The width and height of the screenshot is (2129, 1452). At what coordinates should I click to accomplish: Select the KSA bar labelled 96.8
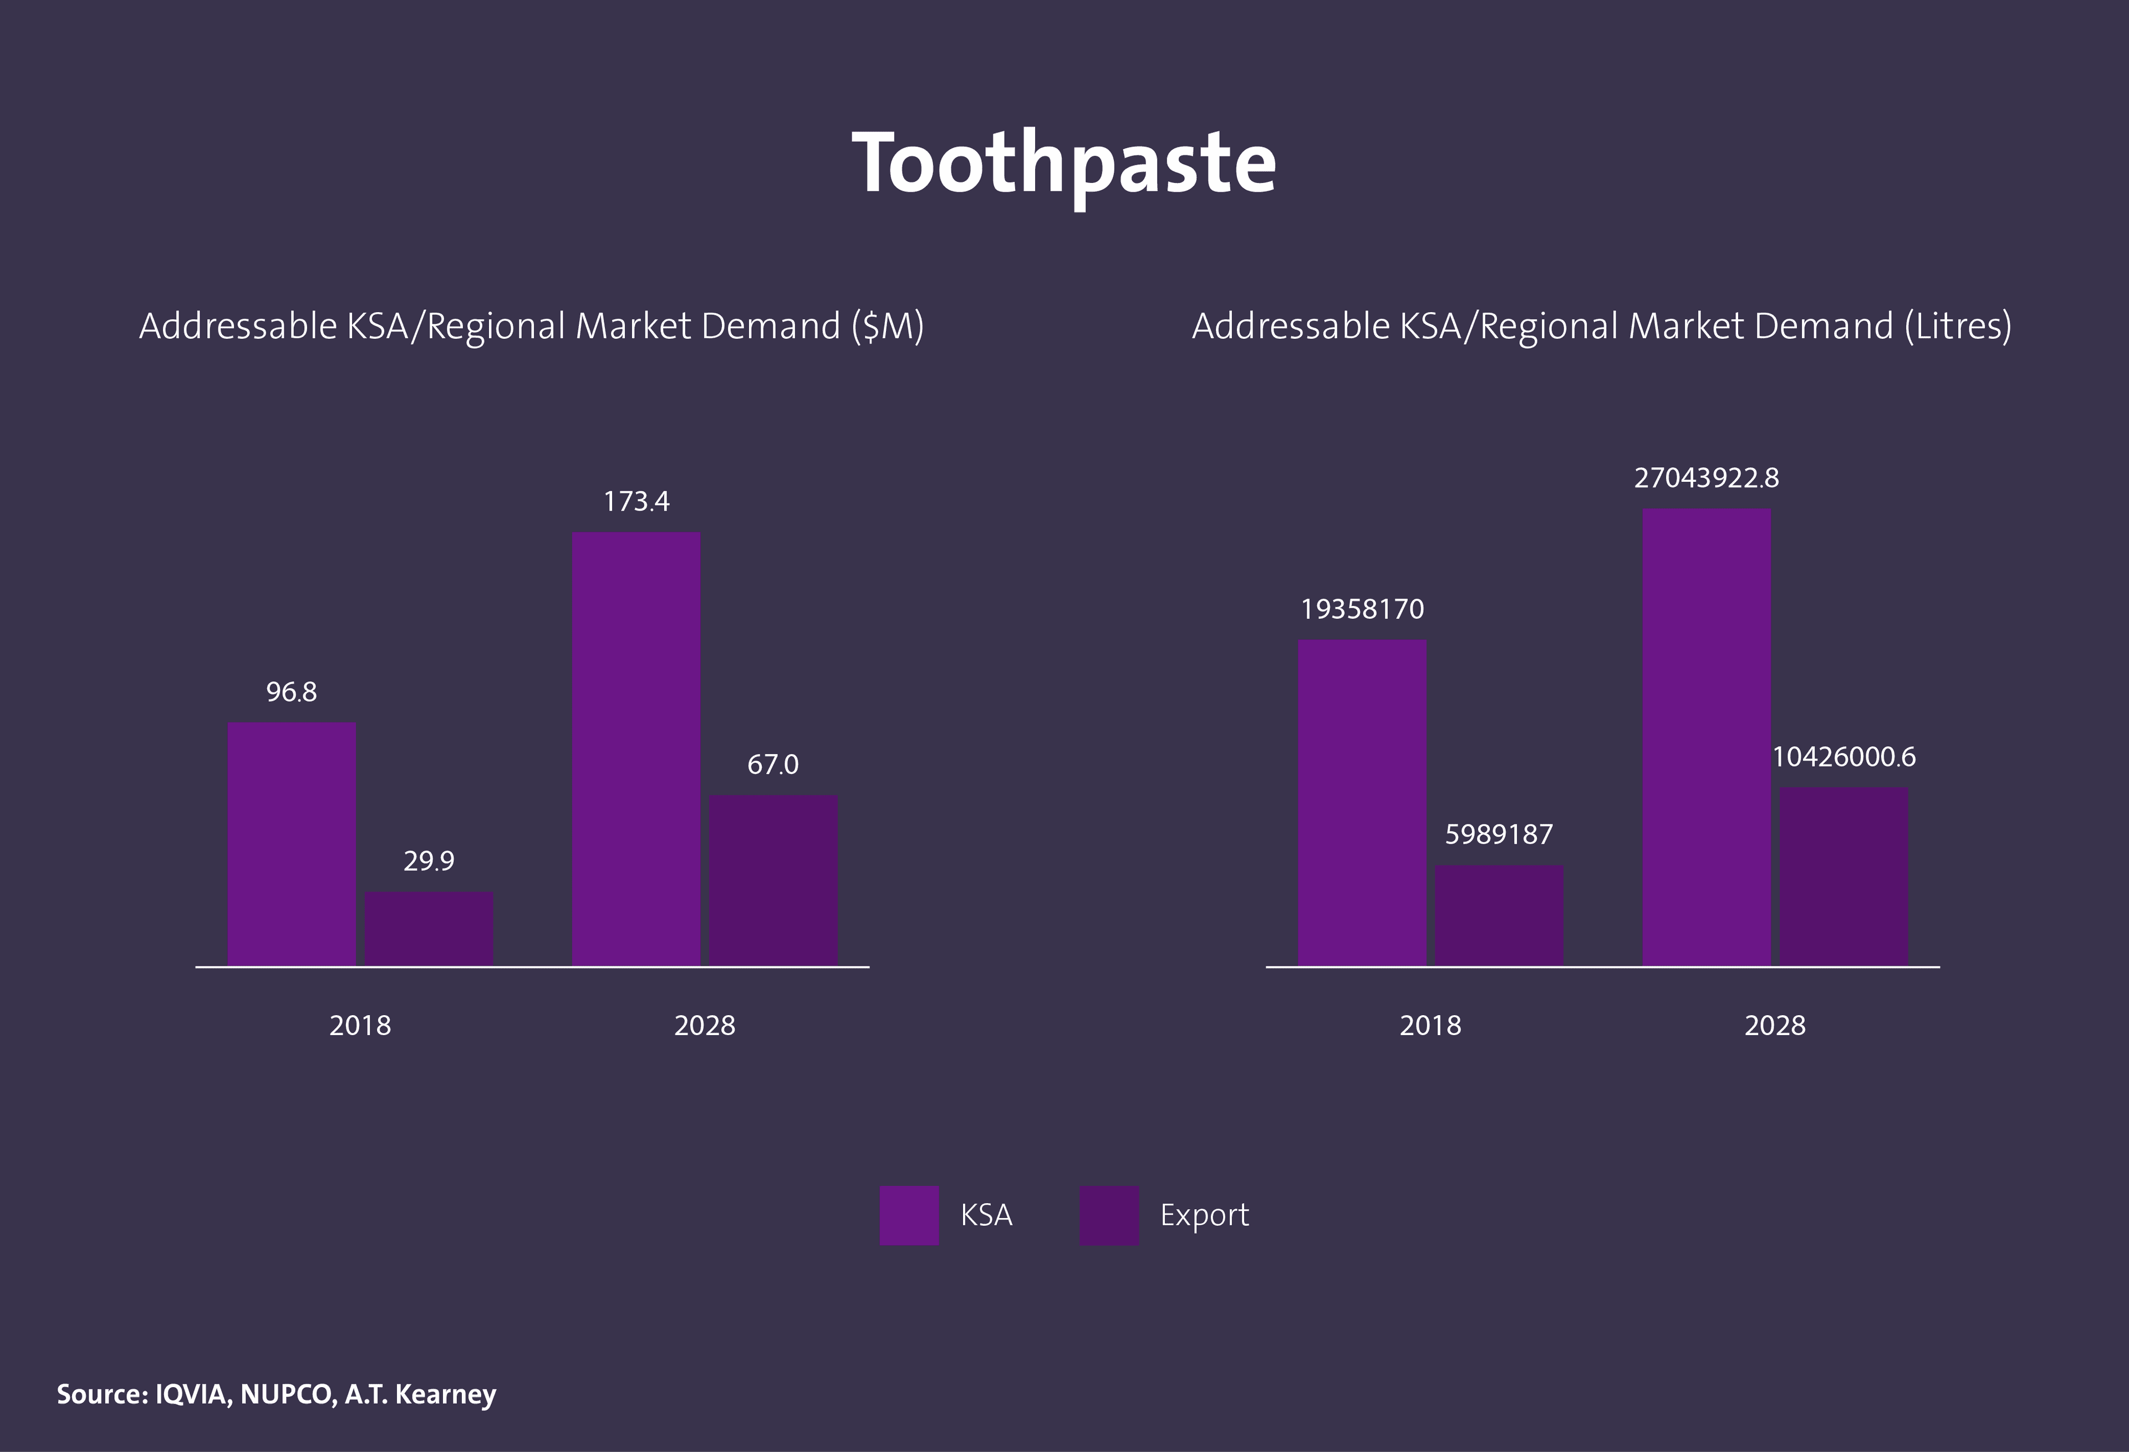(291, 843)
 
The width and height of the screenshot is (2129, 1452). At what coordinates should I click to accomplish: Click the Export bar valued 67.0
(773, 879)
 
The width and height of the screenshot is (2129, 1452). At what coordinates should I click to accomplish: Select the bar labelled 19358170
(1362, 802)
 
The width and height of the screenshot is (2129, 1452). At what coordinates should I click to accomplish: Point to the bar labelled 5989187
(1499, 914)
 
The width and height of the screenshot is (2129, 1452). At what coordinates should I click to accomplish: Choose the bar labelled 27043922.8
(1706, 737)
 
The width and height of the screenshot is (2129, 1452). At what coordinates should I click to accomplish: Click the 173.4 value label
(636, 502)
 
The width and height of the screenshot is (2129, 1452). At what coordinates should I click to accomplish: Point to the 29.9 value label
(429, 861)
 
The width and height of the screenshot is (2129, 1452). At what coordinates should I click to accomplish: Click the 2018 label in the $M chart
(360, 1025)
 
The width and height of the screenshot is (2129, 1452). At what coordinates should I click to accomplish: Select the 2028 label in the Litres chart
(1775, 1025)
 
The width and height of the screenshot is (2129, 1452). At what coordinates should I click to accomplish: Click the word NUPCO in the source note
(287, 1394)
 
